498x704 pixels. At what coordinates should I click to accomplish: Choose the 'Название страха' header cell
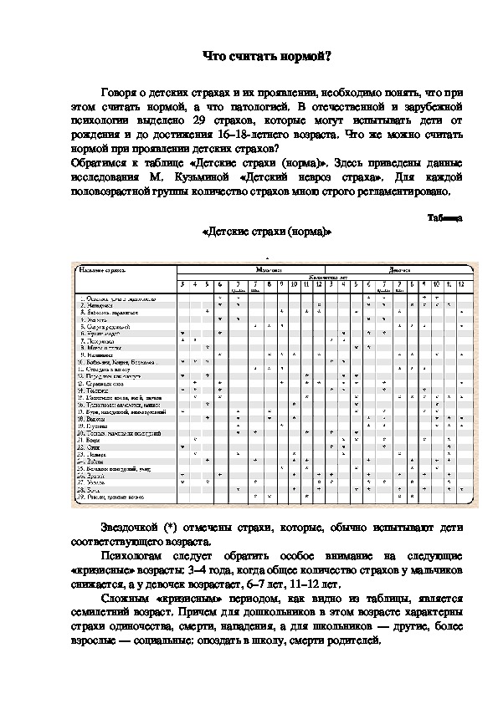pos(100,270)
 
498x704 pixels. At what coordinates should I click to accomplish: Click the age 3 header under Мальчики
pos(182,285)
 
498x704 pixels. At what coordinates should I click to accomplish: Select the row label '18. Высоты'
pos(89,419)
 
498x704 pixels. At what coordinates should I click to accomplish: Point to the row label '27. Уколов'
pos(90,482)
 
